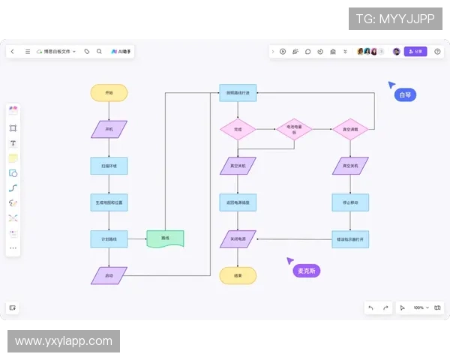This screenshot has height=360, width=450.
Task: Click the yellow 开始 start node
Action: [109, 92]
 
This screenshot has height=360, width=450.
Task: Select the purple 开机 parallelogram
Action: [109, 129]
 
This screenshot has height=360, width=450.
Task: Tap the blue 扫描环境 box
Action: [109, 165]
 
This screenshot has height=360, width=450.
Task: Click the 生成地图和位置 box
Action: [109, 202]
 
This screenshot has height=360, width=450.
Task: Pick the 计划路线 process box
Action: [109, 238]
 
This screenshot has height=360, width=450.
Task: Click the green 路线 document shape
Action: [165, 238]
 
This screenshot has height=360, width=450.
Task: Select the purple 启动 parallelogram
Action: [109, 275]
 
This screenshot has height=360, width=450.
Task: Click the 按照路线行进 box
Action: [238, 92]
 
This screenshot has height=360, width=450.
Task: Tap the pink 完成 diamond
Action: [238, 129]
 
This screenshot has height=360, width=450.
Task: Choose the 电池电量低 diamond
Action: [294, 129]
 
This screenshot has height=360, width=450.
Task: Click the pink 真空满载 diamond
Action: [350, 129]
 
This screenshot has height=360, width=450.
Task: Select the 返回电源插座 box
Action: [238, 202]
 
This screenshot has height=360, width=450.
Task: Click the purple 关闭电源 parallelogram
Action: [238, 238]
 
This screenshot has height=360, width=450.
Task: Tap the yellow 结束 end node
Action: [238, 275]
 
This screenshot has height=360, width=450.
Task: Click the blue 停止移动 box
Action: [350, 202]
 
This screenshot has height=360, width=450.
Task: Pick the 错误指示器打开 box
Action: [350, 238]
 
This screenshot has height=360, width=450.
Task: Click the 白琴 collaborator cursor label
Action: [405, 94]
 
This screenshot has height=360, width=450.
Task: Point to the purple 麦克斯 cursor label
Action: [306, 270]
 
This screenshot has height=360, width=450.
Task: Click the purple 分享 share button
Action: [415, 52]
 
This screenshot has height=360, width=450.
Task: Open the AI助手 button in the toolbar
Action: [121, 52]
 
